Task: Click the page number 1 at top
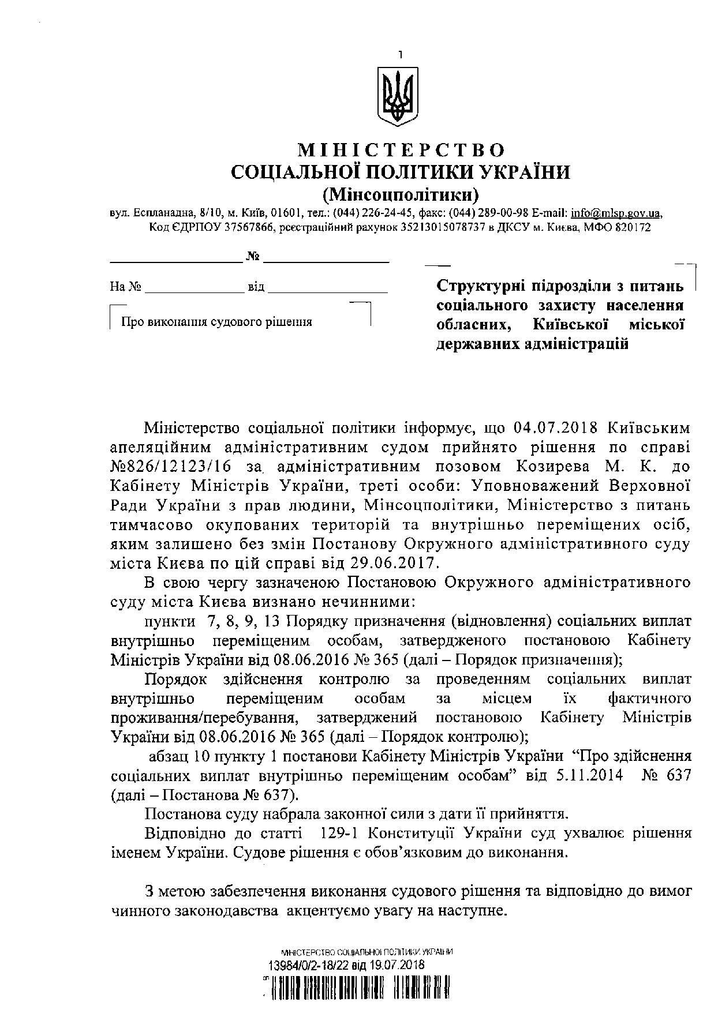pyautogui.click(x=399, y=55)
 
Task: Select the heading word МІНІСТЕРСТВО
pyautogui.click(x=401, y=151)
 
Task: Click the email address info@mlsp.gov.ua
pyautogui.click(x=615, y=213)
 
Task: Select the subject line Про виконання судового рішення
pyautogui.click(x=216, y=322)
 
